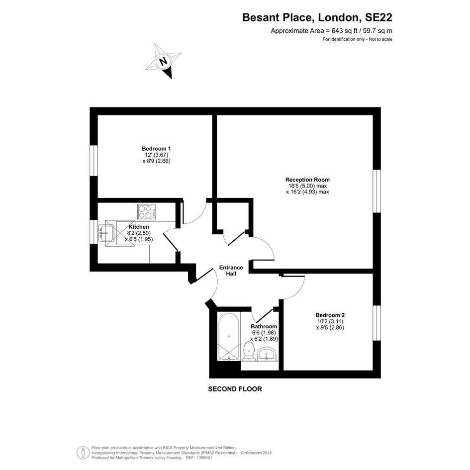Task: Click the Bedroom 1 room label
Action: click(156, 149)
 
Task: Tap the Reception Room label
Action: click(307, 180)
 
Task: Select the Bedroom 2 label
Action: click(330, 315)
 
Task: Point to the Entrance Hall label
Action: click(231, 271)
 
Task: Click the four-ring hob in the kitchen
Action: click(147, 211)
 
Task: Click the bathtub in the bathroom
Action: click(229, 336)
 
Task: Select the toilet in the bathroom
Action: click(249, 351)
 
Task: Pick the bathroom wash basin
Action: click(267, 354)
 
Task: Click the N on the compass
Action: click(163, 62)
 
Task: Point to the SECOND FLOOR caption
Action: click(235, 389)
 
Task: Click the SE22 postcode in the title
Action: click(378, 17)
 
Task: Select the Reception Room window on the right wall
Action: click(377, 191)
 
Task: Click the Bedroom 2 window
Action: click(377, 323)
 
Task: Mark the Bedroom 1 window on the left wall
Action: click(94, 161)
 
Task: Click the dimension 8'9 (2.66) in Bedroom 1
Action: click(157, 161)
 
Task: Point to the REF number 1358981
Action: click(203, 458)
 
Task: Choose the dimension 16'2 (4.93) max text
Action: click(307, 192)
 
